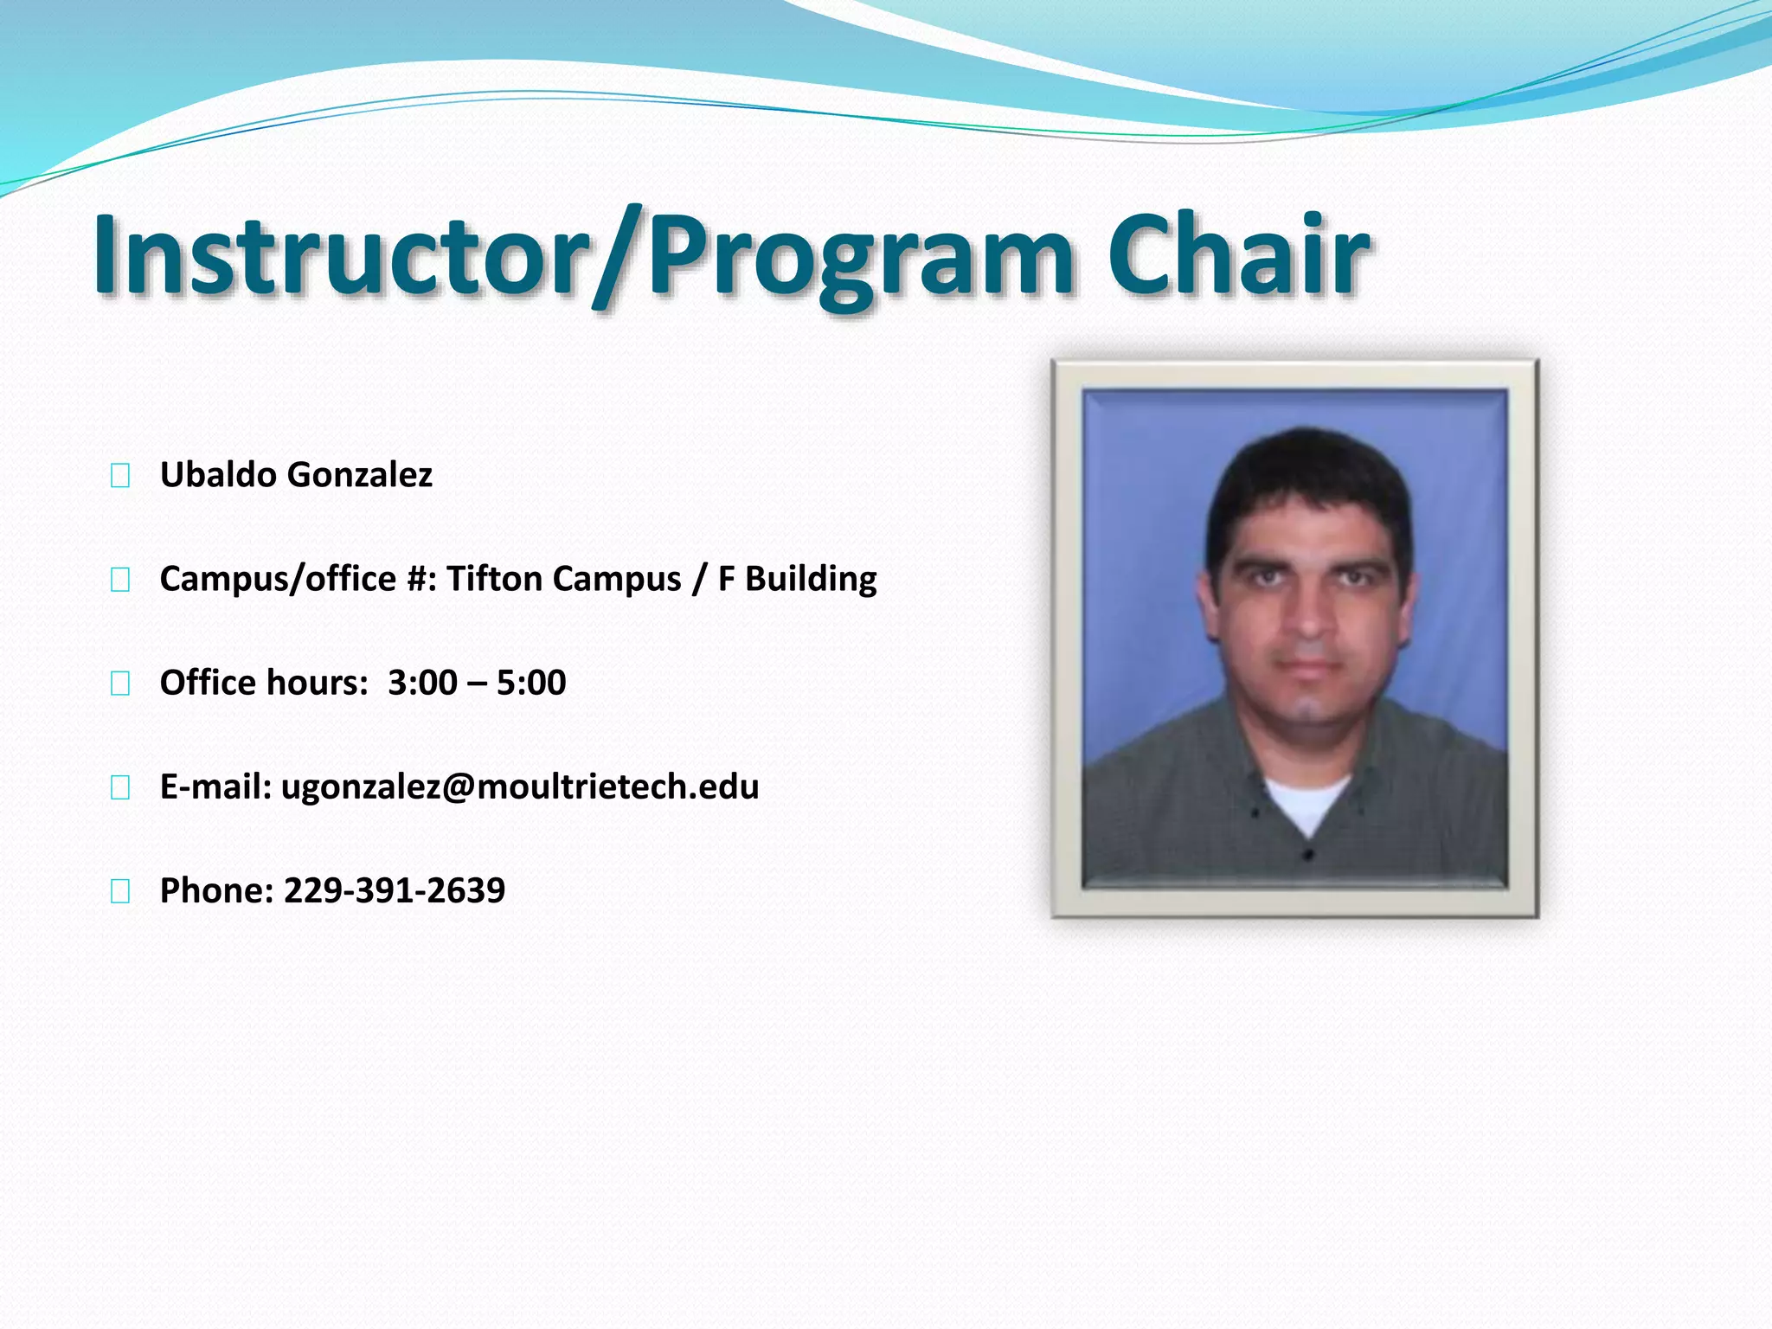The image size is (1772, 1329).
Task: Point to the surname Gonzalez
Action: pos(359,475)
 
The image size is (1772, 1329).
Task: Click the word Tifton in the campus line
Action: pos(494,579)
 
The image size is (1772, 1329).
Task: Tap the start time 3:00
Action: pos(422,683)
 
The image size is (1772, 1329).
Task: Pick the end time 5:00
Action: pos(531,683)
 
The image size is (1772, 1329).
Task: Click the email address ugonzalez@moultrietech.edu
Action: pos(520,786)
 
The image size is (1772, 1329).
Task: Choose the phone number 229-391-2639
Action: pos(395,890)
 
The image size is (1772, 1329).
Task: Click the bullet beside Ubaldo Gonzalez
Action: pos(120,476)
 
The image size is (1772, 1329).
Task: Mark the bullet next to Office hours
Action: pos(120,684)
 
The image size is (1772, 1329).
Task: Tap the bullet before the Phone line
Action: pos(120,891)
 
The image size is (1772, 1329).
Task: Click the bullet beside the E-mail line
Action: pos(120,787)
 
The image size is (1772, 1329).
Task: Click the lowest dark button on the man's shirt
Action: pos(1308,855)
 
